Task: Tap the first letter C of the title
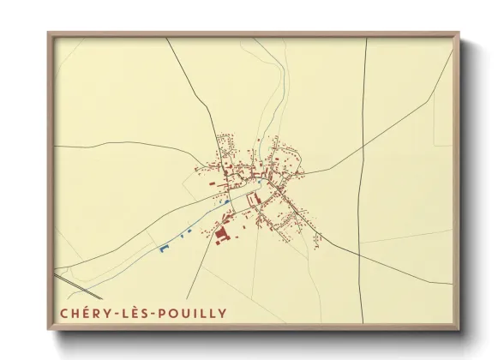(x=64, y=313)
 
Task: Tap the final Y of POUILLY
(x=224, y=313)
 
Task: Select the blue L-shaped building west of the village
(x=163, y=248)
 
